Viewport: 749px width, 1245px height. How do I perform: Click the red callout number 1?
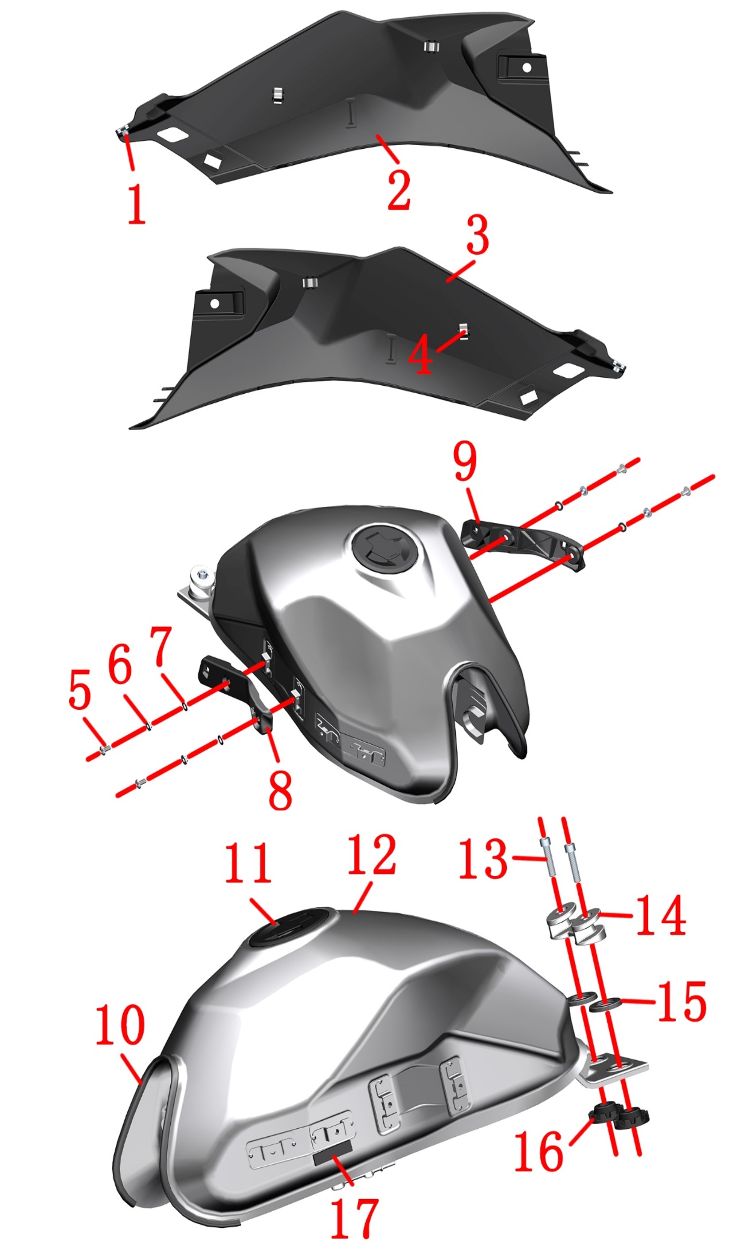coord(136,204)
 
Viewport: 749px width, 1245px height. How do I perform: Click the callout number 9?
coord(465,460)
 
